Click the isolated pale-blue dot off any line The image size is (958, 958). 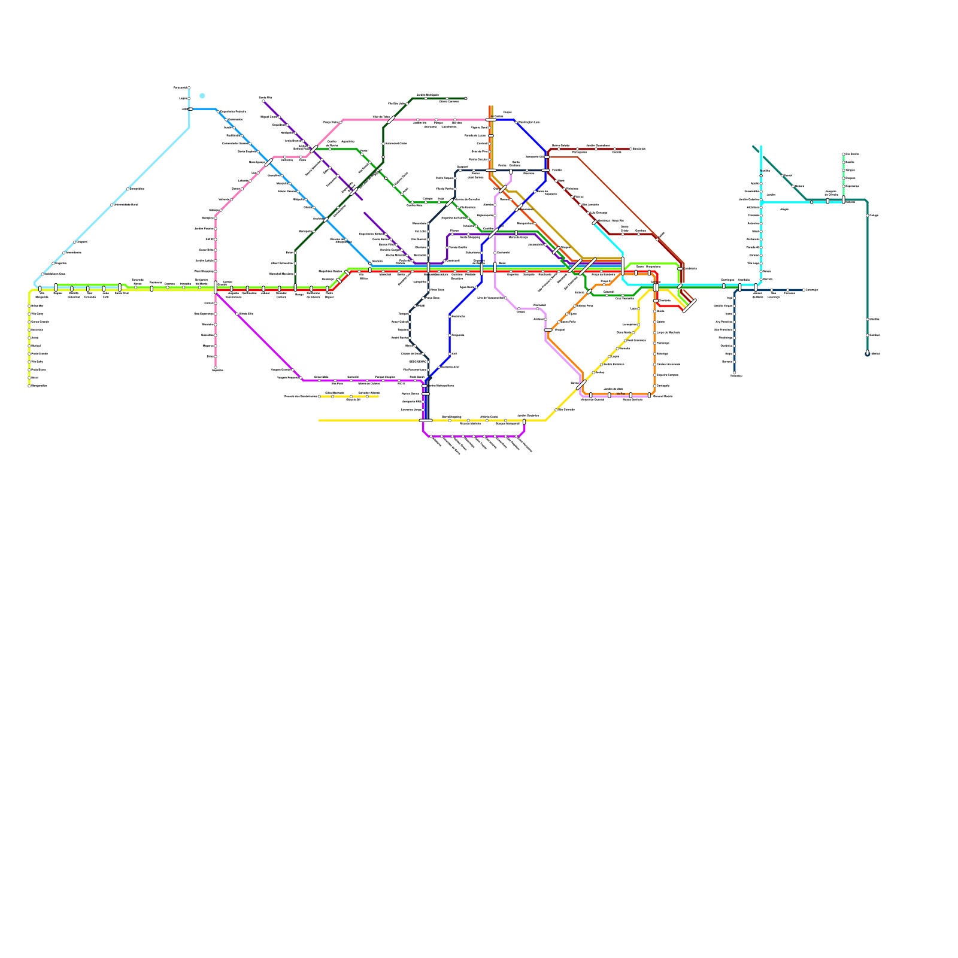tap(202, 96)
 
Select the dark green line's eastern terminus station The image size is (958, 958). tap(466, 98)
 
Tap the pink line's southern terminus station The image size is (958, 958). tap(216, 367)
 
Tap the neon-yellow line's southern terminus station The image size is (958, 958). tap(29, 386)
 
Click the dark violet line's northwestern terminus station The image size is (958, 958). tap(263, 101)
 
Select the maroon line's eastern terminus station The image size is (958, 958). tap(630, 149)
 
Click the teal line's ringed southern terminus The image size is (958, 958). tap(868, 354)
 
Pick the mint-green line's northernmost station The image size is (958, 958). tap(844, 154)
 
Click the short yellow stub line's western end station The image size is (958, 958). tap(319, 396)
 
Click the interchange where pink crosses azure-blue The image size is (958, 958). tap(269, 162)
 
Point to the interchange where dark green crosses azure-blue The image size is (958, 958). tap(326, 219)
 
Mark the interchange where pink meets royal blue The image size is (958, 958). tap(491, 120)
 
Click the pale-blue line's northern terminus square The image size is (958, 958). tap(189, 88)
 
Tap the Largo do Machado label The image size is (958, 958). tap(668, 332)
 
